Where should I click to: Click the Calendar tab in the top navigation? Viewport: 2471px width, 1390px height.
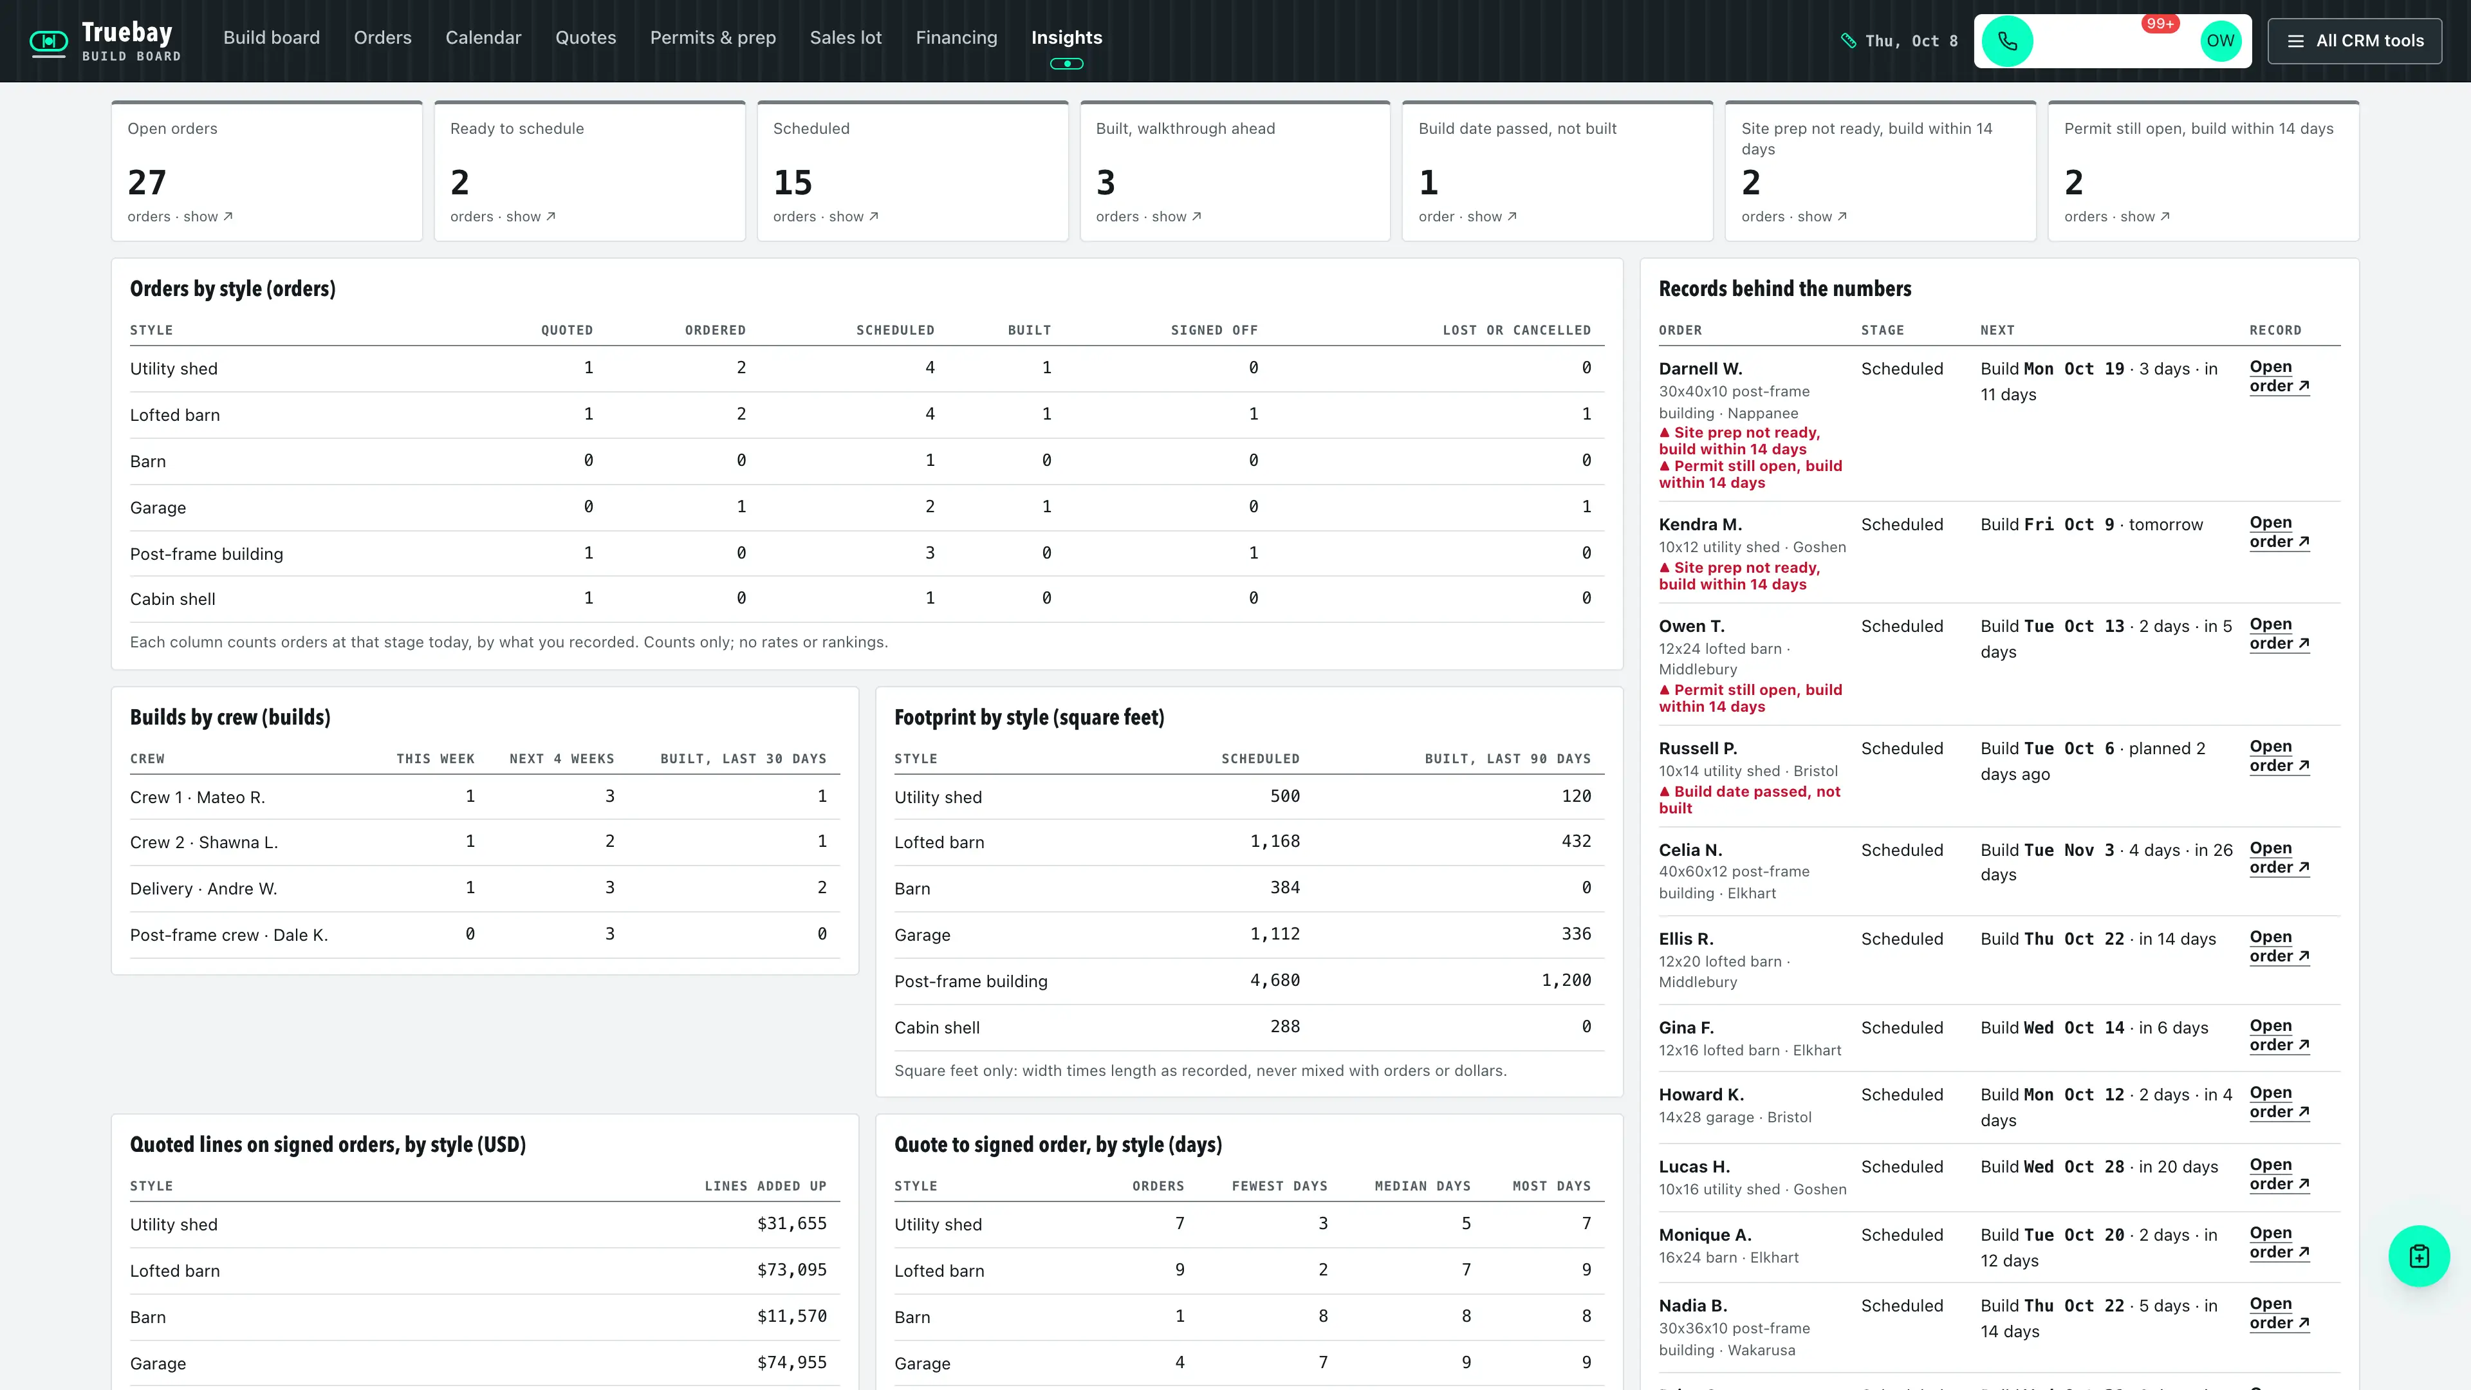point(483,37)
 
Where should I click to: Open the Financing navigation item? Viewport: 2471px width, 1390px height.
point(956,37)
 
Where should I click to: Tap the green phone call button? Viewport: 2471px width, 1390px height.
point(2007,41)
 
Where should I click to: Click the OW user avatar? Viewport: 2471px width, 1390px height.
point(2219,41)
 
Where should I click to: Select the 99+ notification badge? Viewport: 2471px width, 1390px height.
point(2160,23)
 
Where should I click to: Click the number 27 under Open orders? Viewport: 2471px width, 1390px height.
point(147,182)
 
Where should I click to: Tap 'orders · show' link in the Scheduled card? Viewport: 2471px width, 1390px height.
point(826,217)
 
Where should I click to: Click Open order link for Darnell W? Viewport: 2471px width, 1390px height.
point(2279,376)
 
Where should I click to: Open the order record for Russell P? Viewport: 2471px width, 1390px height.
point(2279,756)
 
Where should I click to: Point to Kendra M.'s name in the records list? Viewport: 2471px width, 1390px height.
point(1699,524)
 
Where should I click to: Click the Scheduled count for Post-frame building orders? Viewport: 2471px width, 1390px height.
point(929,553)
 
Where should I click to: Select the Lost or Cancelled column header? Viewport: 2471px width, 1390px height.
point(1517,330)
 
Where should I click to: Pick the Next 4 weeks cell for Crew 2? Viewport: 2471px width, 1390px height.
point(610,841)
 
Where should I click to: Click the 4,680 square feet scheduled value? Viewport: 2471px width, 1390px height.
point(1275,980)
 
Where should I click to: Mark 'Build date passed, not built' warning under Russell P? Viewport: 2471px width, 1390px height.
point(1750,800)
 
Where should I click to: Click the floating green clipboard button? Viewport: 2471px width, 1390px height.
point(2420,1256)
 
